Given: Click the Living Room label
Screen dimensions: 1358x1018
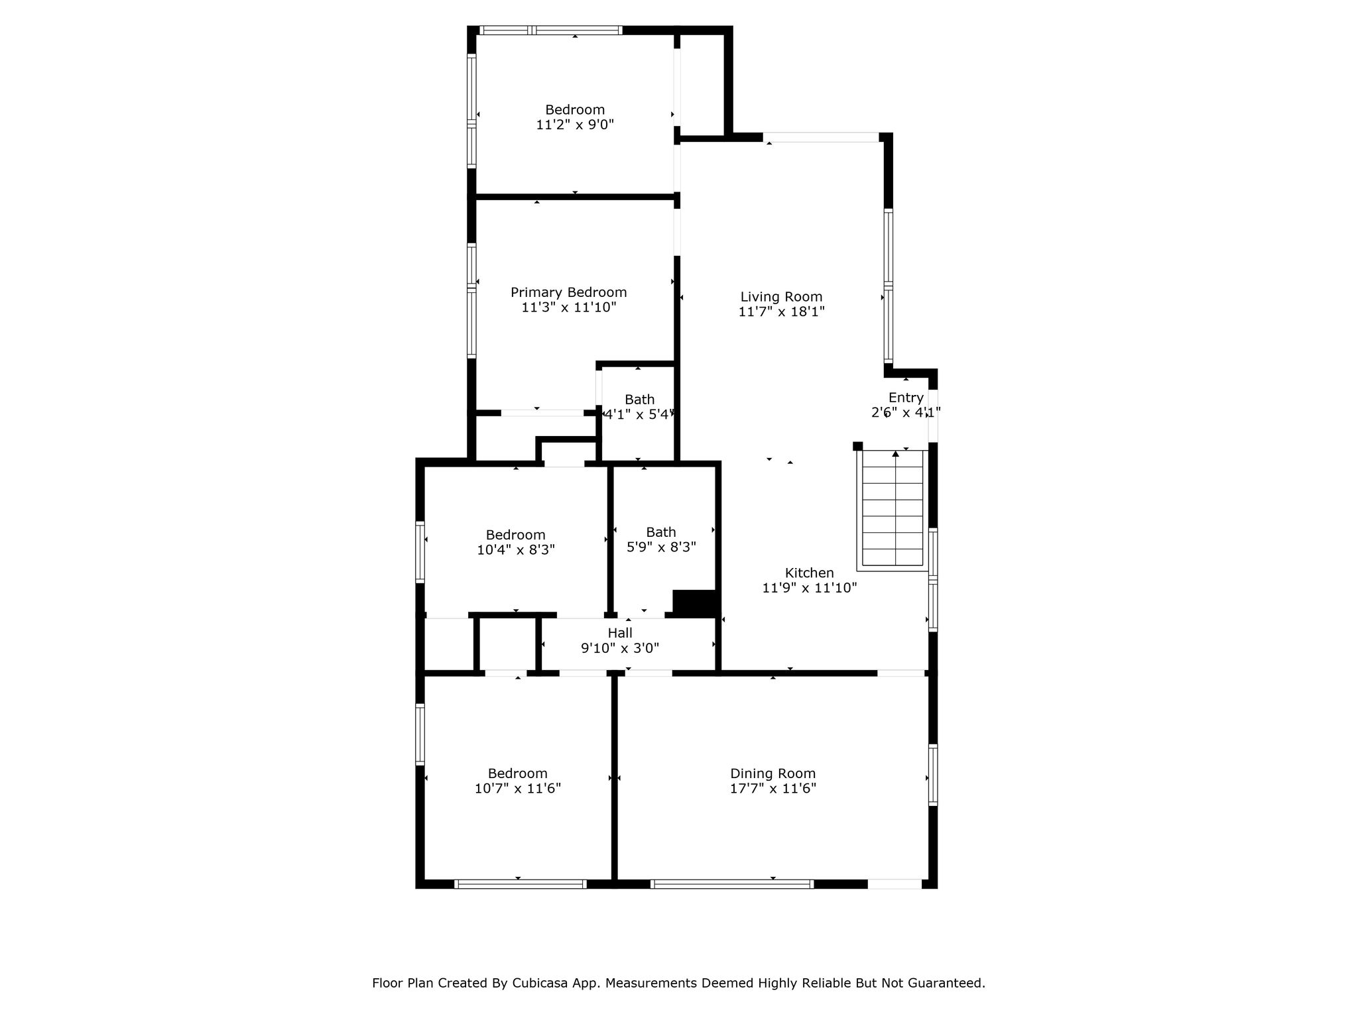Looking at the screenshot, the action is pos(781,297).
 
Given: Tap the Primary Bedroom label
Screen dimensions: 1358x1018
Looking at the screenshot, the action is pos(568,292).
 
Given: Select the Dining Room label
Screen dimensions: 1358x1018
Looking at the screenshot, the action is pos(772,773).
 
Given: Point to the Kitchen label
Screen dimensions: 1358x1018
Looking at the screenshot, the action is pos(809,573).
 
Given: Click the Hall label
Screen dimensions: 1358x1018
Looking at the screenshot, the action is pos(620,633).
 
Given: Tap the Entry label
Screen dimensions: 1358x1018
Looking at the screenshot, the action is pos(906,398).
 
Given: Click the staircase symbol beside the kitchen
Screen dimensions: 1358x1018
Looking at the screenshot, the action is pos(893,510).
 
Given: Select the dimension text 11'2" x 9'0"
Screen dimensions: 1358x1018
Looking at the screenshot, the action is pos(575,125).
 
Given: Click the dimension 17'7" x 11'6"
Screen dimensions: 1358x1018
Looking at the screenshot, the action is pos(772,788).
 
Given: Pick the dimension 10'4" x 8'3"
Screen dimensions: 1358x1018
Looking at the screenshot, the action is pos(516,549).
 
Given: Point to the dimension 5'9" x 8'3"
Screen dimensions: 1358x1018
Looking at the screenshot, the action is pos(661,547).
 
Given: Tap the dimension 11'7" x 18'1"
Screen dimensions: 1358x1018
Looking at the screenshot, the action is pos(781,311).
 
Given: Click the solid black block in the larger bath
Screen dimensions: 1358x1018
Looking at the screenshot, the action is pos(694,602).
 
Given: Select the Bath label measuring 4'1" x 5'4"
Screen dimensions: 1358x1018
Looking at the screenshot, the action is pos(639,400).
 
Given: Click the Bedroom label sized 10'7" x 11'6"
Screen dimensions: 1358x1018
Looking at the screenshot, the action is pos(517,773).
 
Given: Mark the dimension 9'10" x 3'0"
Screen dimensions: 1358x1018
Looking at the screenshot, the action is pos(620,648).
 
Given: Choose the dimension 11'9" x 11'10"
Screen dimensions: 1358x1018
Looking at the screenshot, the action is pos(809,587).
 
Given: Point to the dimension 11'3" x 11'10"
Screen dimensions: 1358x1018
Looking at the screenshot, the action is pos(569,307).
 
